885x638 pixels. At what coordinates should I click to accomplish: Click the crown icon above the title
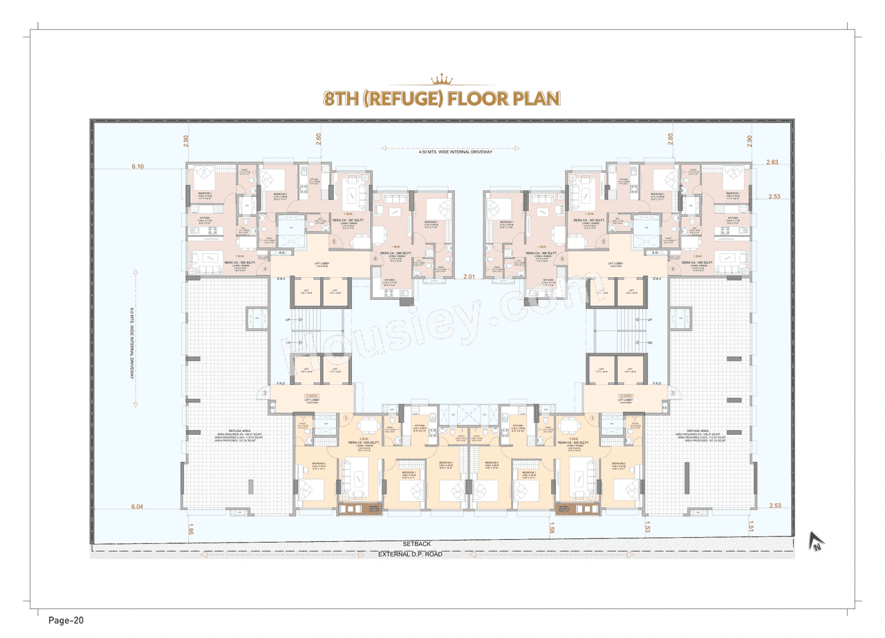pos(442,78)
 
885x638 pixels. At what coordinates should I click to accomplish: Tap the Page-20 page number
pos(66,620)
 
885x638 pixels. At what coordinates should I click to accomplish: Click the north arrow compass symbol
pos(817,543)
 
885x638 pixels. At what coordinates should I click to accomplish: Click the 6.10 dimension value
pos(138,167)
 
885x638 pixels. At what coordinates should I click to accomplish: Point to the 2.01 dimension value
pos(469,276)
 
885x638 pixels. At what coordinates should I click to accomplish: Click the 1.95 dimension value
pos(190,529)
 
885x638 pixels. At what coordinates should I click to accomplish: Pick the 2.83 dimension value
pos(772,162)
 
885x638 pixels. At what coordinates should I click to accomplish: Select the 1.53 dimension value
pos(648,529)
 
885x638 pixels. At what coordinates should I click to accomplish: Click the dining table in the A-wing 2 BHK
pos(371,423)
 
